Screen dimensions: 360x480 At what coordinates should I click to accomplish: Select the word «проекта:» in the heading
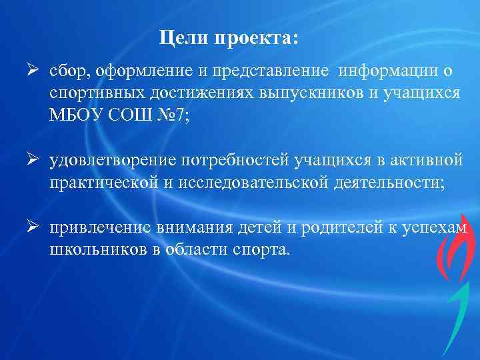(257, 40)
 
